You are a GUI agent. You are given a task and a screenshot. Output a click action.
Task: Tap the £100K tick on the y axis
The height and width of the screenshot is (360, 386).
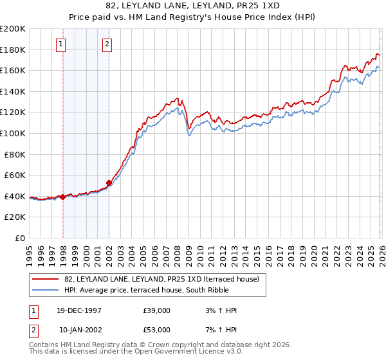coord(13,133)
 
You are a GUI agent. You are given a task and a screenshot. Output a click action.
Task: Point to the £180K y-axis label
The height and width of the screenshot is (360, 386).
coord(13,50)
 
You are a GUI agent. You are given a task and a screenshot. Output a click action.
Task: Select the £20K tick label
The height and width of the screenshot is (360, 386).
coord(15,217)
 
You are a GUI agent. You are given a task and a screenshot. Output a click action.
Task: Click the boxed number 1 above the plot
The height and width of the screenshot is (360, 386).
coord(60,44)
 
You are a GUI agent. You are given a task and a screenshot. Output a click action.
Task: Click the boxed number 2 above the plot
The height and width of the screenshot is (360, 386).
coord(107,44)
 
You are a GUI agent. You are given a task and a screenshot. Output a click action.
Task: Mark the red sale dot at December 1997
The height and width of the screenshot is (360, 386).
coord(63,197)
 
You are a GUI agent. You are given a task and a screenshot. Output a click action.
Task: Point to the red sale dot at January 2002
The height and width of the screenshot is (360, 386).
coord(109,183)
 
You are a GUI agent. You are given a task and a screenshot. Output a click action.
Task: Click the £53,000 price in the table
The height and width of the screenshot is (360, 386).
coord(157,330)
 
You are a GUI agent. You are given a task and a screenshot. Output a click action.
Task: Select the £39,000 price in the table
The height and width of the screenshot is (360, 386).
coord(157,310)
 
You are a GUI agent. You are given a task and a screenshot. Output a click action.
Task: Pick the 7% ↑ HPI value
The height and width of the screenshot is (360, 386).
coord(222,330)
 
